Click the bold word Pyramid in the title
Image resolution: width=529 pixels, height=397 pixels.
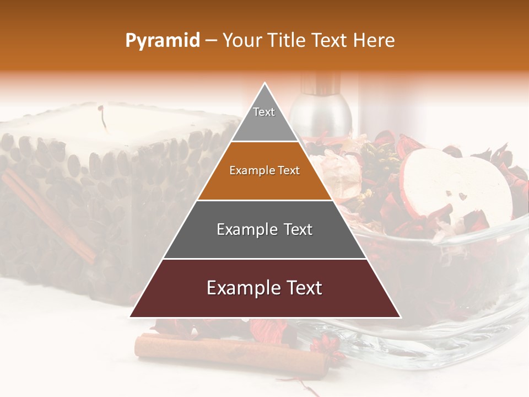pyautogui.click(x=163, y=40)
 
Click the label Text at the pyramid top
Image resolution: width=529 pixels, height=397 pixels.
pyautogui.click(x=264, y=112)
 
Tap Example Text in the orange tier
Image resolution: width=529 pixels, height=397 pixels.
pyautogui.click(x=264, y=170)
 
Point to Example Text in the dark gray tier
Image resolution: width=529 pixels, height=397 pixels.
pyautogui.click(x=264, y=229)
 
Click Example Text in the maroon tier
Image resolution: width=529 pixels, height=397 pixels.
pyautogui.click(x=264, y=288)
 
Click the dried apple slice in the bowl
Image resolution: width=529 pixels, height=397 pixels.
pyautogui.click(x=457, y=187)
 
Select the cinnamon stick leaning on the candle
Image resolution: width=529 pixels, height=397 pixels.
pyautogui.click(x=50, y=215)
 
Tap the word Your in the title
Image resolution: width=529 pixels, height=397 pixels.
pyautogui.click(x=242, y=40)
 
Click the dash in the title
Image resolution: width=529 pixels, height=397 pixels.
pyautogui.click(x=210, y=40)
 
